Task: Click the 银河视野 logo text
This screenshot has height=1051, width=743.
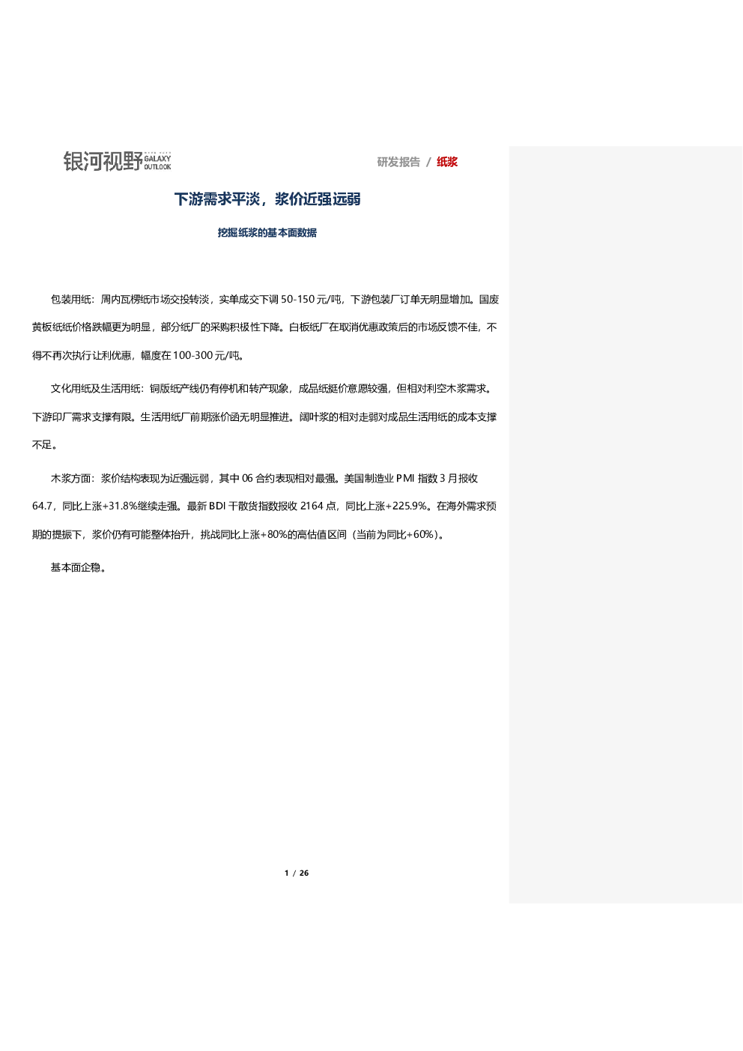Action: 103,161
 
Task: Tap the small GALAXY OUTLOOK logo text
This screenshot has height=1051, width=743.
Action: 157,163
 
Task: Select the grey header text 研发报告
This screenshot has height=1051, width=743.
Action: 398,162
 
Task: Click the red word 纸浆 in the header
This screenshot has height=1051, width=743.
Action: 447,162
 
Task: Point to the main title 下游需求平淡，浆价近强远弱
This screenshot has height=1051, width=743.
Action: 267,199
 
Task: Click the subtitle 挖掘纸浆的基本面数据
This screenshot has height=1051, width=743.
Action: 267,233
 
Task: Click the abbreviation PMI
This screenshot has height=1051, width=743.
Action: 405,478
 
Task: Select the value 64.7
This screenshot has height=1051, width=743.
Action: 42,506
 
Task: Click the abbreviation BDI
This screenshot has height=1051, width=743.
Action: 217,506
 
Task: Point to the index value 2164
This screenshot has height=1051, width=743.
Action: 312,506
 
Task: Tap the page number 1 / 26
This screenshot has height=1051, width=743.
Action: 297,873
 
